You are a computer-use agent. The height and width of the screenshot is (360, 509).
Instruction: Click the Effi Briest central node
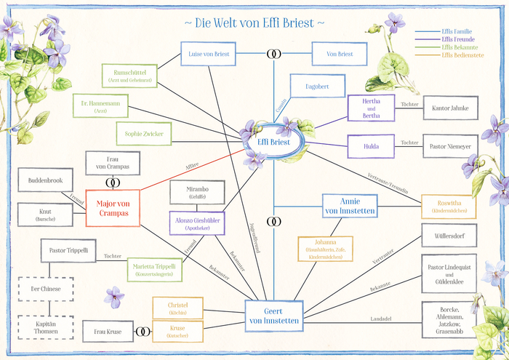click(273, 142)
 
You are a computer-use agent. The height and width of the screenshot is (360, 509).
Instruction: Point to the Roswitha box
click(449, 207)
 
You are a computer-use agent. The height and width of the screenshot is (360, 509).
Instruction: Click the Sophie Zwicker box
click(143, 134)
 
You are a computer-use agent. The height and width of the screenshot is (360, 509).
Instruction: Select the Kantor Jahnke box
click(450, 108)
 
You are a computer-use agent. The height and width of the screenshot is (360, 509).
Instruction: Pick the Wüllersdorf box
click(449, 236)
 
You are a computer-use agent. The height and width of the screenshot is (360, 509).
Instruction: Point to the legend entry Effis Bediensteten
click(462, 55)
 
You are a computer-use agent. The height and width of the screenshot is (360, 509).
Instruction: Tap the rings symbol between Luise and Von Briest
click(274, 54)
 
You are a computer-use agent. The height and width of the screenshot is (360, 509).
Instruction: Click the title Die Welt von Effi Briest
click(254, 23)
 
